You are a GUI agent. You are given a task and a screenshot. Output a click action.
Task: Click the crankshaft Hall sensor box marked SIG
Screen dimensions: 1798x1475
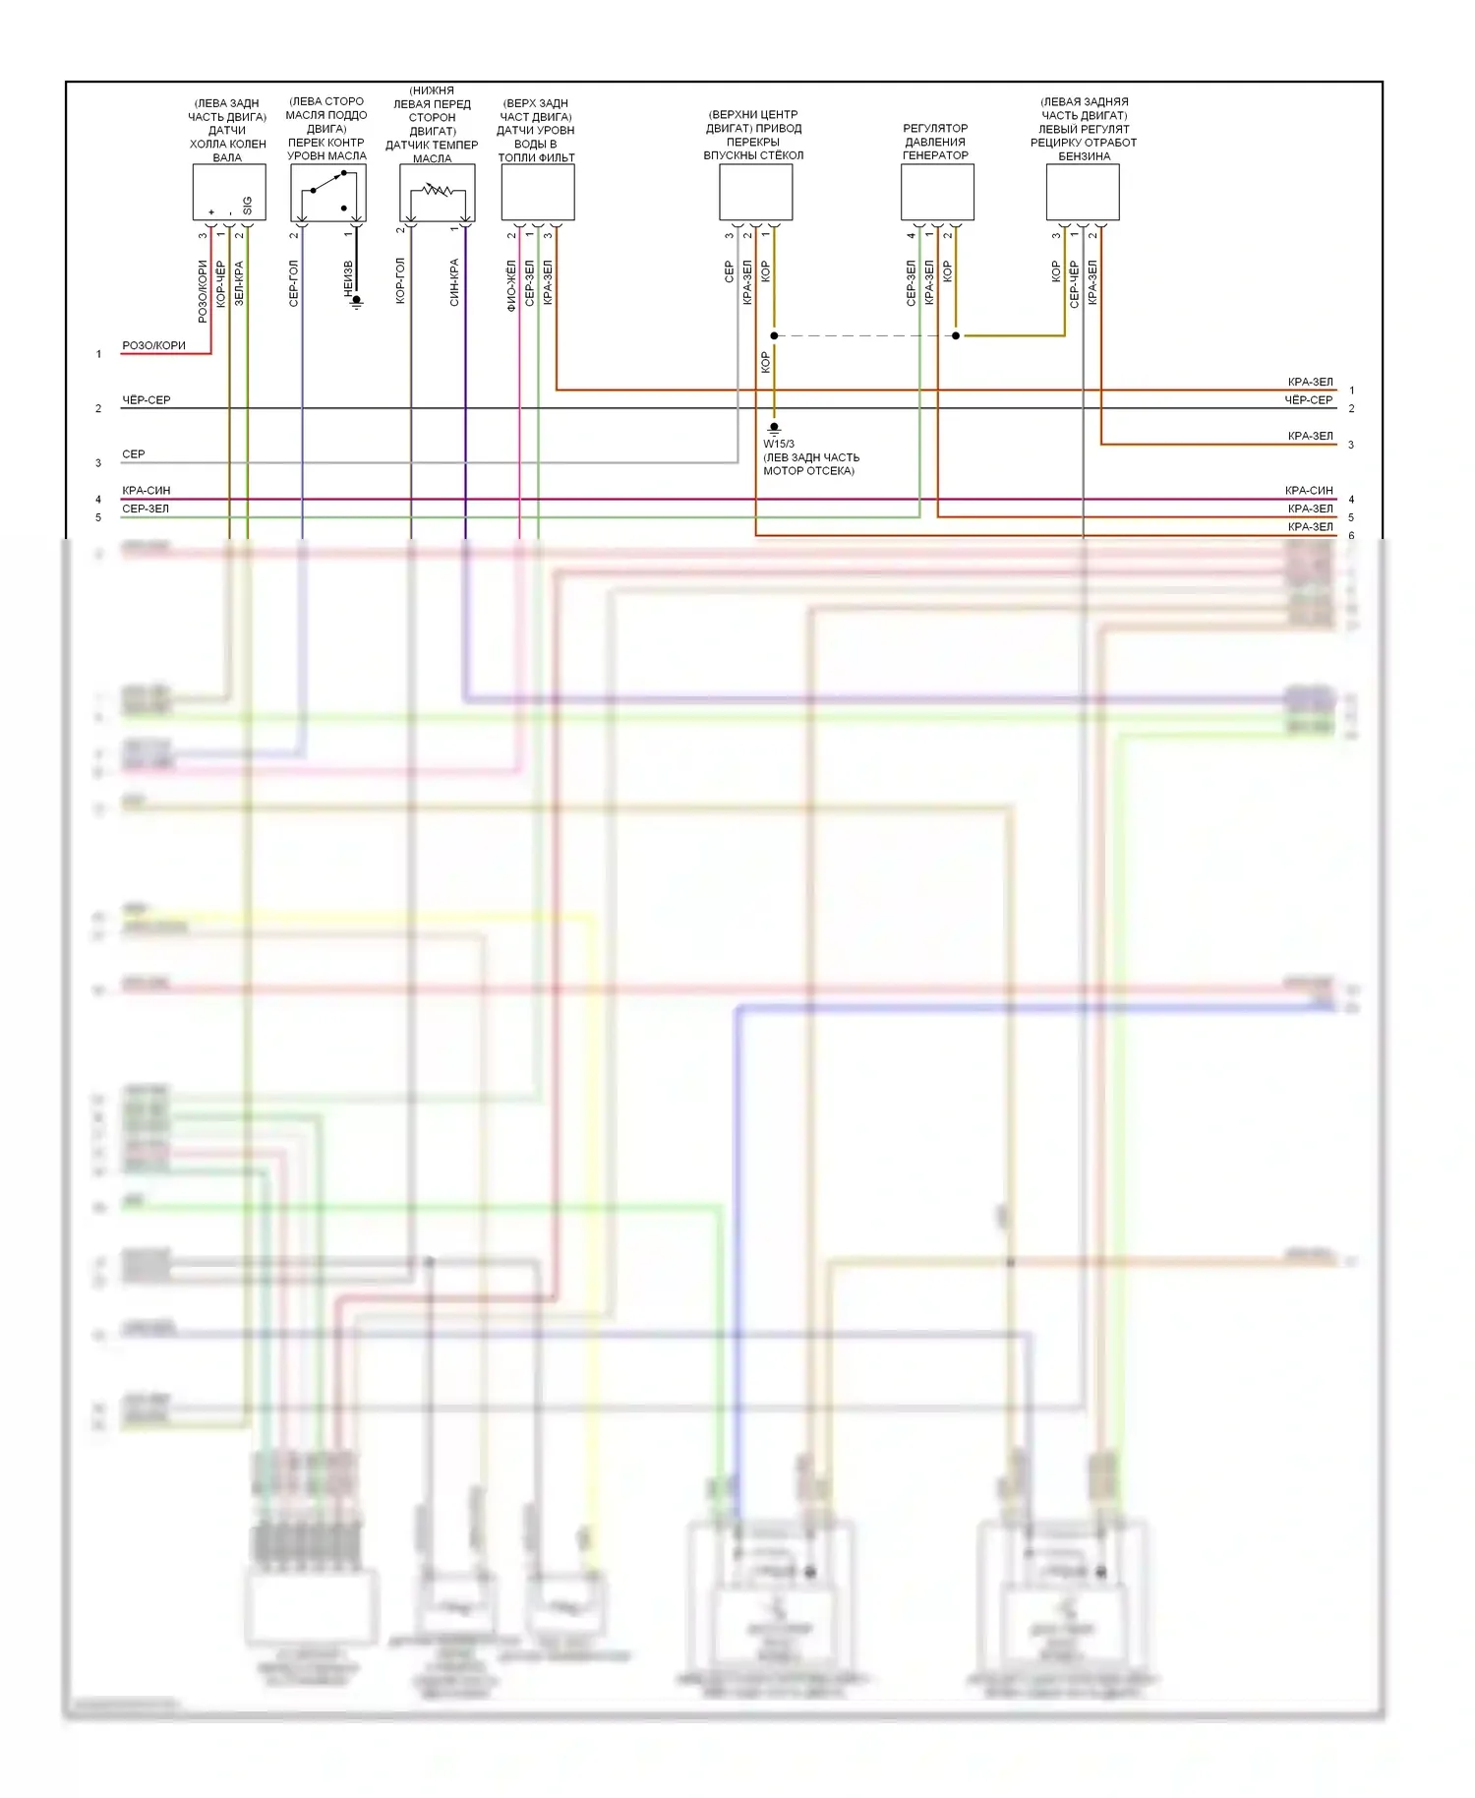click(228, 192)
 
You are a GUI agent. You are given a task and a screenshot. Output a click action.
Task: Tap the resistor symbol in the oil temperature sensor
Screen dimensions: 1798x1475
click(438, 190)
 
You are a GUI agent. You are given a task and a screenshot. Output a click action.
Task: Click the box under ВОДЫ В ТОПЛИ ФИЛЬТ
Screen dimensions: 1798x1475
click(538, 192)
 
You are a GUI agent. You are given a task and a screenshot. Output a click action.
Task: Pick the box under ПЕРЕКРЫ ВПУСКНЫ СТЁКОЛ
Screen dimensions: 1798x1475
click(755, 192)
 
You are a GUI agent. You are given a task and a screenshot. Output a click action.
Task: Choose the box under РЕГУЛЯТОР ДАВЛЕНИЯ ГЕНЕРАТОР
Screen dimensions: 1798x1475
click(937, 192)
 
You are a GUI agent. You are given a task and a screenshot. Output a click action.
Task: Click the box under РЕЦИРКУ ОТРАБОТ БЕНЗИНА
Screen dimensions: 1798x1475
click(1083, 192)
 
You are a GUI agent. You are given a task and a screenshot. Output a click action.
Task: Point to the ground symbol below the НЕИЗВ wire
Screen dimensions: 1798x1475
click(357, 302)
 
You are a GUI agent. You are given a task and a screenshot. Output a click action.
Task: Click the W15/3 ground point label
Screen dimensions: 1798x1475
click(779, 444)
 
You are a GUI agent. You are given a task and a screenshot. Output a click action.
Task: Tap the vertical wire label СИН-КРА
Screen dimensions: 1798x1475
click(454, 282)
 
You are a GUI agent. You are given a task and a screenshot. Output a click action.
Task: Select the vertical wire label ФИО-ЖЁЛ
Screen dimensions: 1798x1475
click(511, 285)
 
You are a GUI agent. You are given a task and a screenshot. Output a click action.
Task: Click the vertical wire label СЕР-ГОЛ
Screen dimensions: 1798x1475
click(293, 283)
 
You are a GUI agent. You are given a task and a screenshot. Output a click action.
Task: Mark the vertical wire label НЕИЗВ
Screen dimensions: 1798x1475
click(348, 278)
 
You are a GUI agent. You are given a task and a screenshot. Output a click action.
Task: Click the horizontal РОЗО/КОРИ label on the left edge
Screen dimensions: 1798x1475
click(153, 345)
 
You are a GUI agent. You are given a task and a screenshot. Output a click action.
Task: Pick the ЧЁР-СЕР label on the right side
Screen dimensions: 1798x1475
click(1308, 400)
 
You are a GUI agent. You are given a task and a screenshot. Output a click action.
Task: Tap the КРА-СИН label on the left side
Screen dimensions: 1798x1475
click(146, 490)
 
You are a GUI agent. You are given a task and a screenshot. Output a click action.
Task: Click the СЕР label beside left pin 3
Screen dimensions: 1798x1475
click(133, 454)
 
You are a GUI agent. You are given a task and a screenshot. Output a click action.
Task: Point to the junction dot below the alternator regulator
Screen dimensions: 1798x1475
click(956, 335)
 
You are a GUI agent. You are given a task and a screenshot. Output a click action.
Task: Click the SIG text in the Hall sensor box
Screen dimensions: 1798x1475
click(247, 206)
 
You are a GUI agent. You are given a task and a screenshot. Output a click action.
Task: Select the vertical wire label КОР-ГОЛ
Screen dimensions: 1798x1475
click(400, 280)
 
